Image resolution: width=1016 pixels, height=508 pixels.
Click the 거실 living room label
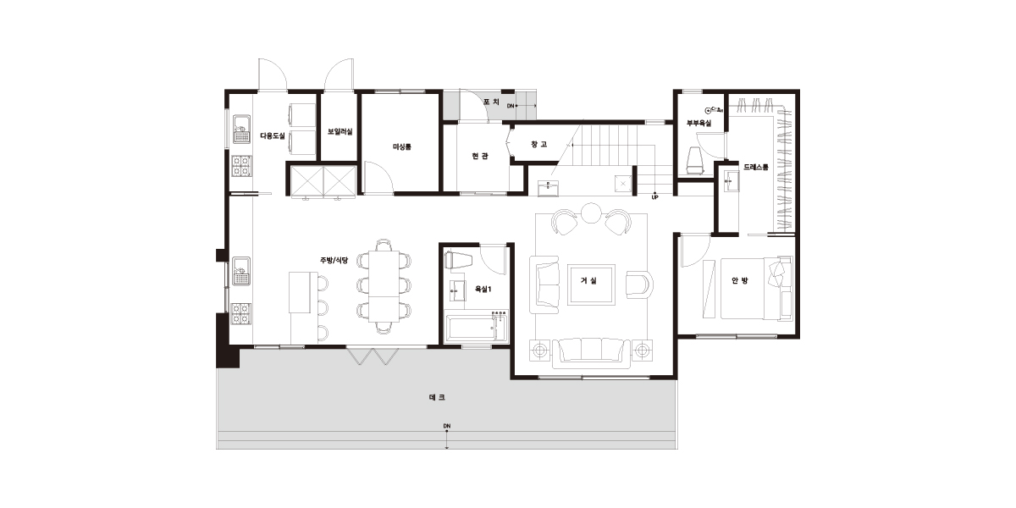[588, 281]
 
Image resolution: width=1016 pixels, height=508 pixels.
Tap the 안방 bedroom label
[740, 281]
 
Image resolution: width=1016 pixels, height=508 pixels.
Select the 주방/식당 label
[334, 261]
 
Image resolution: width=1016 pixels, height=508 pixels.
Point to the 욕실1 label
[483, 289]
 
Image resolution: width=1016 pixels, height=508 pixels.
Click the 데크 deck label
[437, 397]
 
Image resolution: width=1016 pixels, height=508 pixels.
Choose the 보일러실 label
[340, 131]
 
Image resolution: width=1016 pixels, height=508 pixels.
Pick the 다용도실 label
[273, 135]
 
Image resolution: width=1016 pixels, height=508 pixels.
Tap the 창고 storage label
[538, 144]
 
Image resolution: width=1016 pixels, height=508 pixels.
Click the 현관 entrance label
[480, 156]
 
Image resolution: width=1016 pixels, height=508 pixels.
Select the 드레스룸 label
[756, 167]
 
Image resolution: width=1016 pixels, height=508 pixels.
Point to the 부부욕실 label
[699, 123]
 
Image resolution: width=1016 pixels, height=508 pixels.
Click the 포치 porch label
[491, 102]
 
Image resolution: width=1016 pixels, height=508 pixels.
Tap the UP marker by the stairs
[655, 198]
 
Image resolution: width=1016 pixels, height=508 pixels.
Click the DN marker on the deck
[447, 427]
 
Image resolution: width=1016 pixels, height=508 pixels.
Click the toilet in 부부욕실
[695, 161]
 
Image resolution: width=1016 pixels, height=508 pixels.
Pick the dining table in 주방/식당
[384, 286]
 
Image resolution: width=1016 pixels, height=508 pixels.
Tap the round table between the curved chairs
[591, 213]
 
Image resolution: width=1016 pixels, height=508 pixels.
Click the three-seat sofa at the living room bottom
[591, 354]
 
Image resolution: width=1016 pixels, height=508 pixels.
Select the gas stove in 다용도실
[242, 166]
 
